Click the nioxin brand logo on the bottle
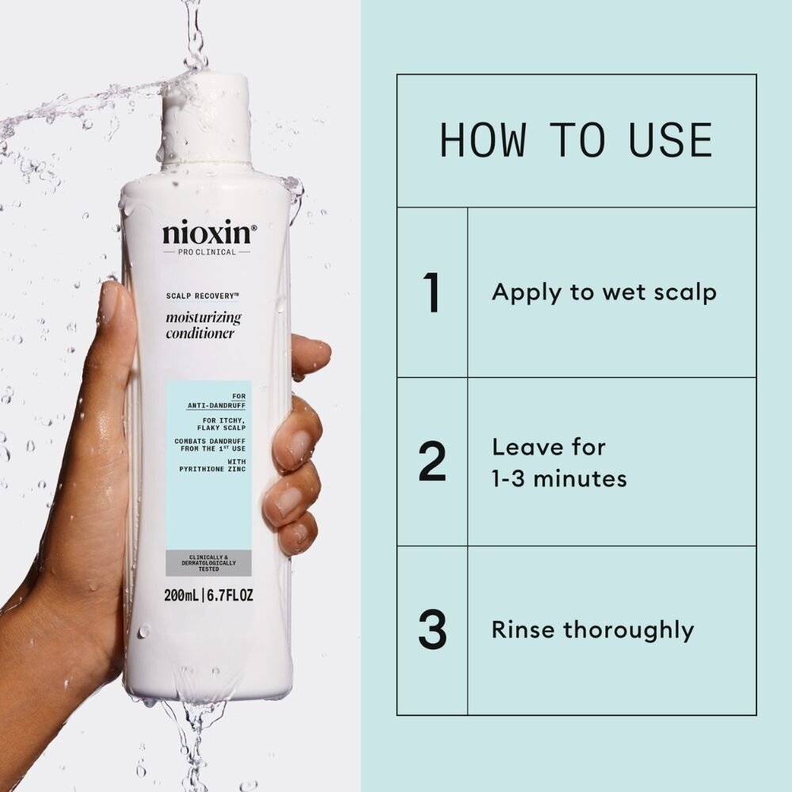tap(209, 234)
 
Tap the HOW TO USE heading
tap(576, 140)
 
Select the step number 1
tap(432, 292)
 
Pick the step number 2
tap(432, 463)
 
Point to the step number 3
tap(432, 630)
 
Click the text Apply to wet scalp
tap(604, 292)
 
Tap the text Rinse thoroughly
tap(592, 630)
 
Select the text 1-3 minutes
tap(559, 479)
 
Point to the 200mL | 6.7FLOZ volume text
tap(208, 595)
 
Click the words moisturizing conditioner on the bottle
tap(203, 326)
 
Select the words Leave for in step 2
tap(548, 447)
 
